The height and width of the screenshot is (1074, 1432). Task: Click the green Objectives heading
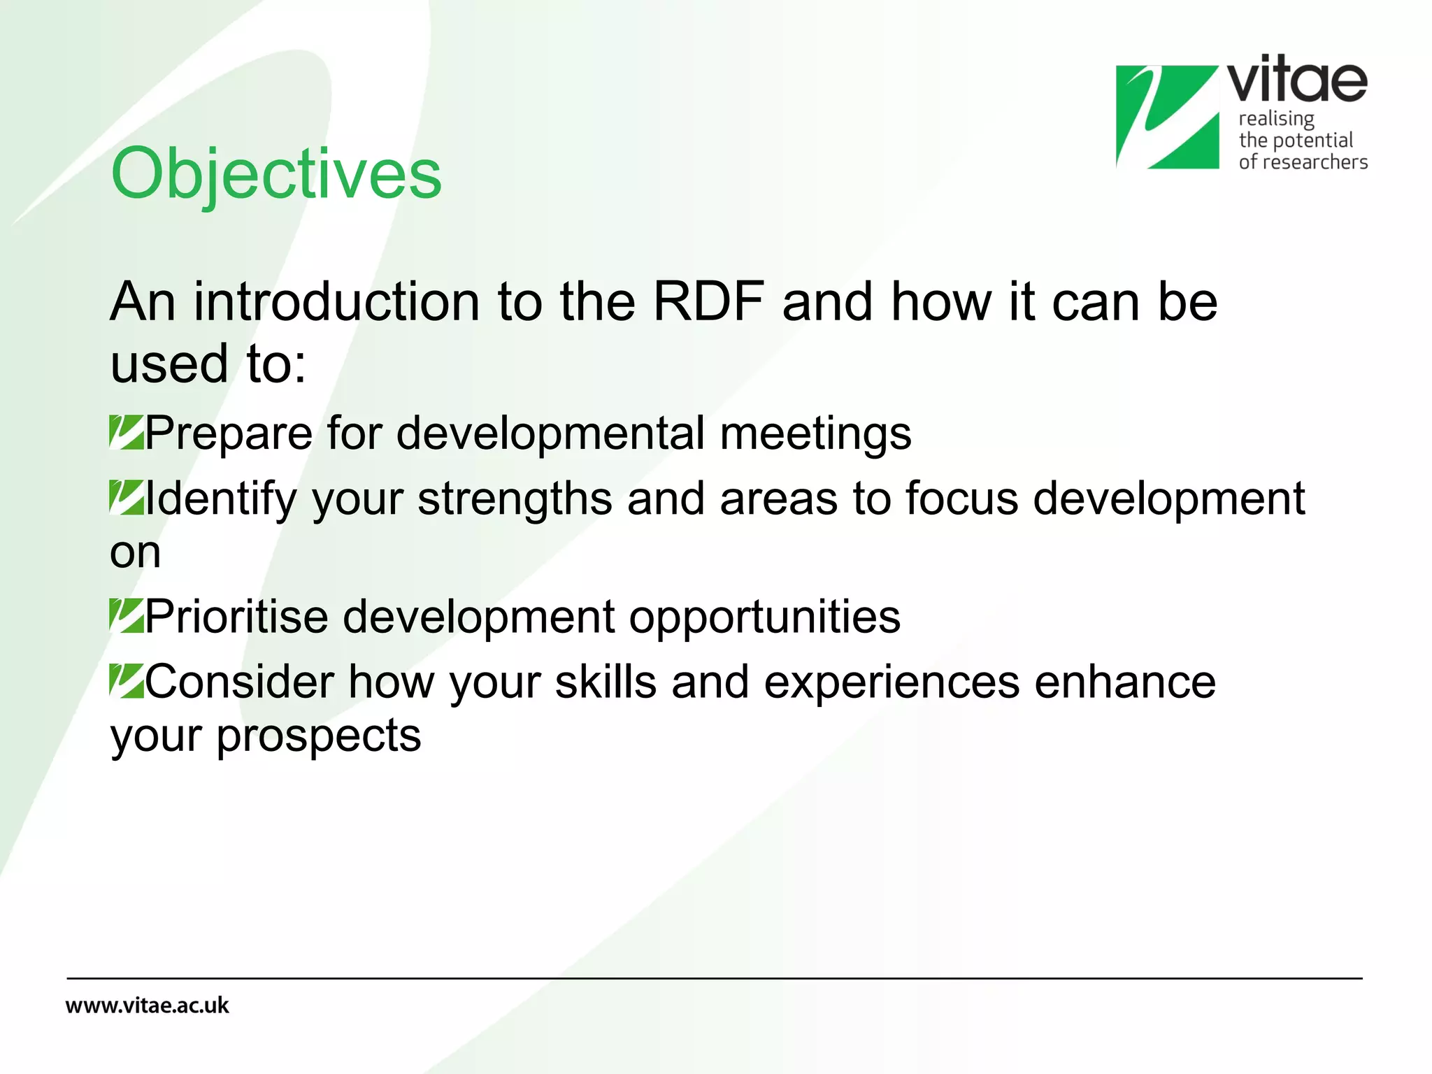point(276,173)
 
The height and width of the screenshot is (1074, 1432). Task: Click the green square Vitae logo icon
point(1166,117)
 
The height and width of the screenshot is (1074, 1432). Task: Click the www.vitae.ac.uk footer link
point(147,1005)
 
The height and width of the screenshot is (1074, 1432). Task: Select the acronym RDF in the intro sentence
point(708,302)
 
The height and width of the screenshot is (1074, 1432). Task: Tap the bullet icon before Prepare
point(127,432)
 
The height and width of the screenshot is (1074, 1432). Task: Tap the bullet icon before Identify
point(127,497)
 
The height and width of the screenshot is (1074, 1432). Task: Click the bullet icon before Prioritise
point(127,616)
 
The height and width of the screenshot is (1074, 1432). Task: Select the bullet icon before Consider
point(127,681)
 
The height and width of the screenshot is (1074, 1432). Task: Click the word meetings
point(815,434)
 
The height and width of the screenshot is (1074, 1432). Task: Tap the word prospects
point(318,736)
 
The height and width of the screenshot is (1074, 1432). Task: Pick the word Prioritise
point(236,617)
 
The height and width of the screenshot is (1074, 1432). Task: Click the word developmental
point(550,434)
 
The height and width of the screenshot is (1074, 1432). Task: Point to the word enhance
point(1125,682)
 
